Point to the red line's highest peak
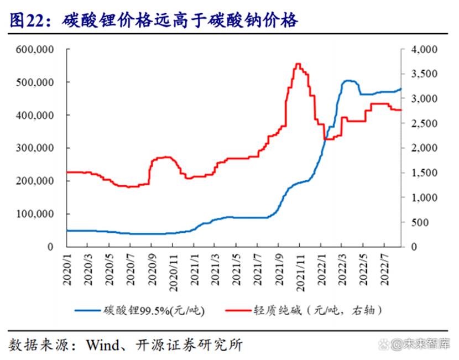pyautogui.click(x=298, y=64)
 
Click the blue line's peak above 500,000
pyautogui.click(x=348, y=81)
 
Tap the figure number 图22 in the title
pyautogui.click(x=24, y=21)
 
